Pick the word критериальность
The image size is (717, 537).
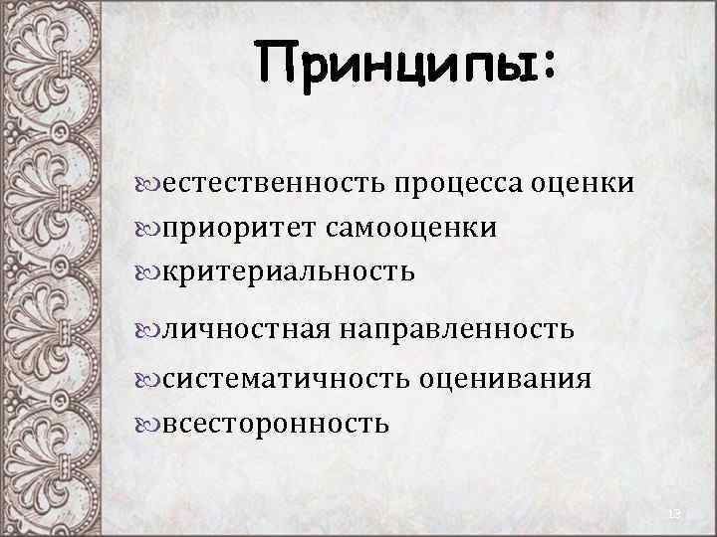click(288, 271)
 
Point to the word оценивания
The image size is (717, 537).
click(505, 380)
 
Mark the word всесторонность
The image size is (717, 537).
click(275, 423)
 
